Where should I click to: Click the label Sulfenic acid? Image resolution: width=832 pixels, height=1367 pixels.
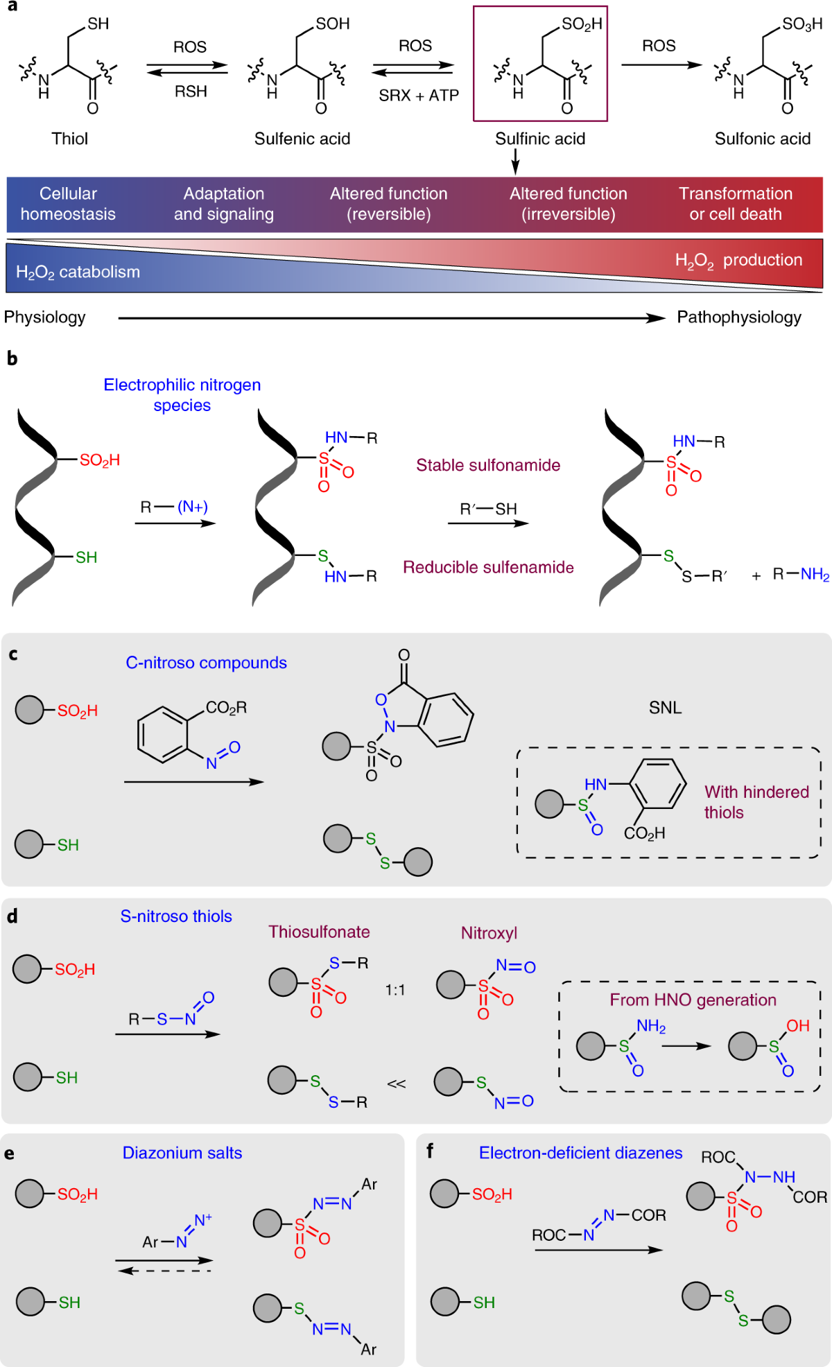302,139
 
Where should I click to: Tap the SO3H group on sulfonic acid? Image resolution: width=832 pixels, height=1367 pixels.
802,24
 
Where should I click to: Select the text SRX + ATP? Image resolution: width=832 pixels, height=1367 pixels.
419,96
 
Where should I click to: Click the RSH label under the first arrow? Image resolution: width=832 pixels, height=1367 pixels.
191,92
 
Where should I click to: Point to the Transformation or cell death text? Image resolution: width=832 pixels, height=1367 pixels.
736,204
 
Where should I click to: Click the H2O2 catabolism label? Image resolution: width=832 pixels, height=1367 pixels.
78,272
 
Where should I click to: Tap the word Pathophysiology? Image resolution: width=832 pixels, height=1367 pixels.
739,317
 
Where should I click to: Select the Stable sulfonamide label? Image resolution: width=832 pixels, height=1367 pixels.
488,465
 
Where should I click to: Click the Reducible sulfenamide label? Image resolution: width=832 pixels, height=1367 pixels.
489,567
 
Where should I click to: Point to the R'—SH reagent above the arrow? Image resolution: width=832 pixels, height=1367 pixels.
489,509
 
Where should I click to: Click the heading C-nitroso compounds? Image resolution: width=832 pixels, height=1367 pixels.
206,663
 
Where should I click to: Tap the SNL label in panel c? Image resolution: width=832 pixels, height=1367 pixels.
666,708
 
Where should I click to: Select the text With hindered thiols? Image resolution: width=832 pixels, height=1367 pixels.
756,802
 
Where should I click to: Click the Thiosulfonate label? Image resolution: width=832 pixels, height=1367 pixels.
319,932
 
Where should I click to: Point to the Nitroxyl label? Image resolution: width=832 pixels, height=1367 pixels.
489,933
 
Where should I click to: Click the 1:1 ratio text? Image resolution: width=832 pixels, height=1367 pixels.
395,990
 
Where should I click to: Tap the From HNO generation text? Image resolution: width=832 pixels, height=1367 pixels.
693,1000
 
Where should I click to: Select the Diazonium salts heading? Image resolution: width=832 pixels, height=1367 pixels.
182,1153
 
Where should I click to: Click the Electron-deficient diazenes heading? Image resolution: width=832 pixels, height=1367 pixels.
581,1153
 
